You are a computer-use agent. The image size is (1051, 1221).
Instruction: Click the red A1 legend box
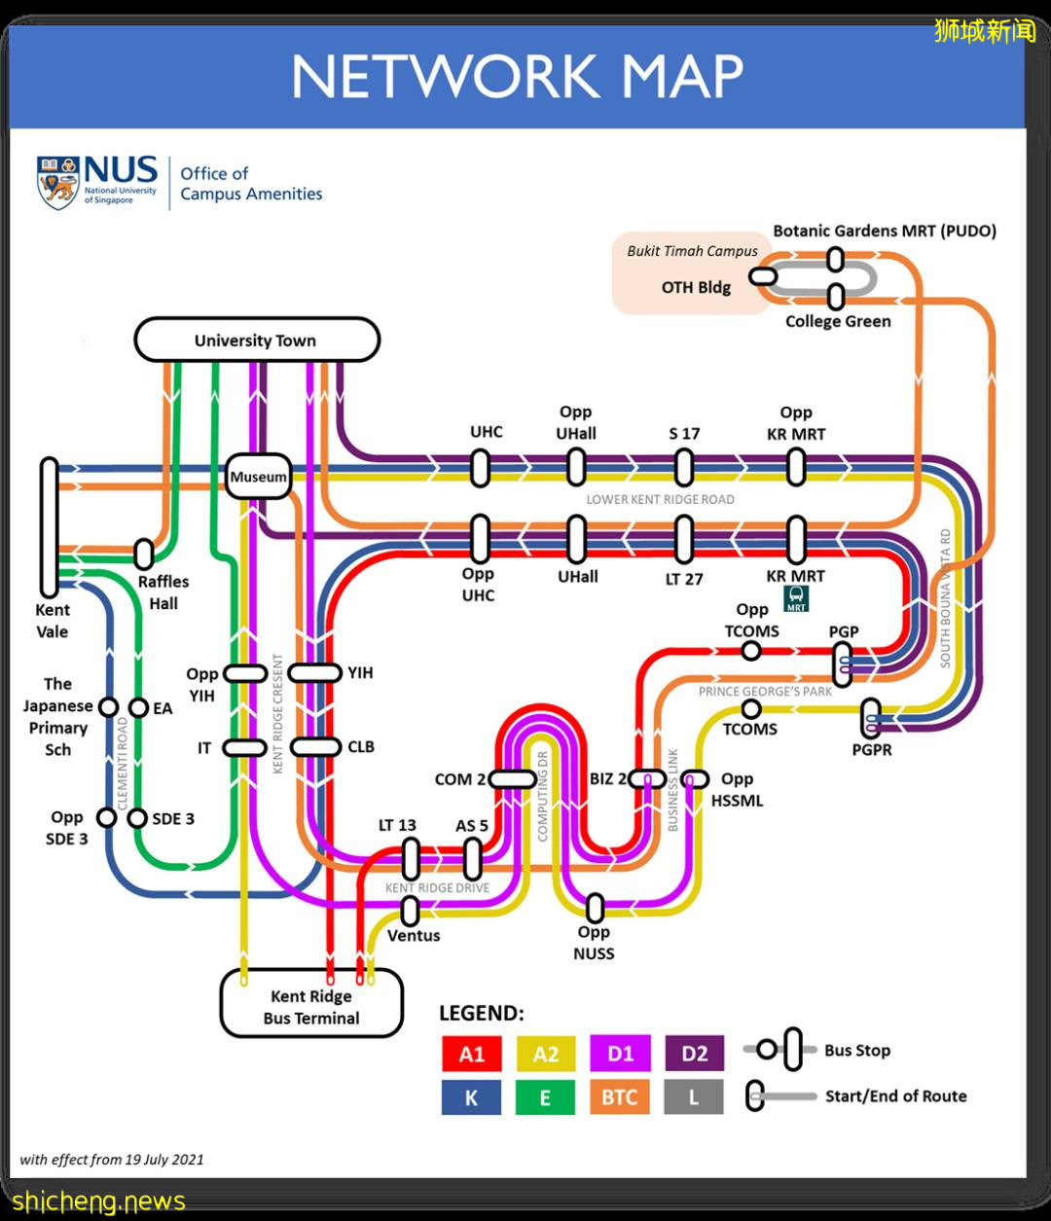pos(472,1054)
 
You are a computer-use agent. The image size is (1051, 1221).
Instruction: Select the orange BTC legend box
pos(619,1097)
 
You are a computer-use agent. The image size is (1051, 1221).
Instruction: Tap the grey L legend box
pos(694,1097)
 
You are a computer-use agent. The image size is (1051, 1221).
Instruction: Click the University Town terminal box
pos(256,341)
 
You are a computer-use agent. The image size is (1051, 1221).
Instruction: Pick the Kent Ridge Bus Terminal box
pos(311,1005)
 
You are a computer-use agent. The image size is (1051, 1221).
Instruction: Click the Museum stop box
pos(258,477)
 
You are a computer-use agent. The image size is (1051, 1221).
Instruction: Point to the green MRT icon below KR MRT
pos(796,598)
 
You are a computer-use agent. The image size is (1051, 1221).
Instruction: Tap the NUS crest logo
pos(57,182)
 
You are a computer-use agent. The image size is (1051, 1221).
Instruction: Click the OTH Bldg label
pos(696,287)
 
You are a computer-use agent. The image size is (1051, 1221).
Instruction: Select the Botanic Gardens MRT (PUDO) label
pos(885,231)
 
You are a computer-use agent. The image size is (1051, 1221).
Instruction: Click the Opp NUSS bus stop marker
pos(595,908)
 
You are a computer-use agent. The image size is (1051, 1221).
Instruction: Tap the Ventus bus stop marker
pos(411,911)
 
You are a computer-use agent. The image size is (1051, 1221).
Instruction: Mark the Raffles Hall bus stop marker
pos(144,554)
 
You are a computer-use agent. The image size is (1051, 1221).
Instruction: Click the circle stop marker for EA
pos(137,707)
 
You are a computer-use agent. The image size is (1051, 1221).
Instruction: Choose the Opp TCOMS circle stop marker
pos(750,651)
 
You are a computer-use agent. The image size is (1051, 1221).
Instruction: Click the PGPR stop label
pos(871,750)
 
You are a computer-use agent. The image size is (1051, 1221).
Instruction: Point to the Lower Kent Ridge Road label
pos(660,499)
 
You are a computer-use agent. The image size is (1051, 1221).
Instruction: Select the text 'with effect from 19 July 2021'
pos(112,1159)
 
